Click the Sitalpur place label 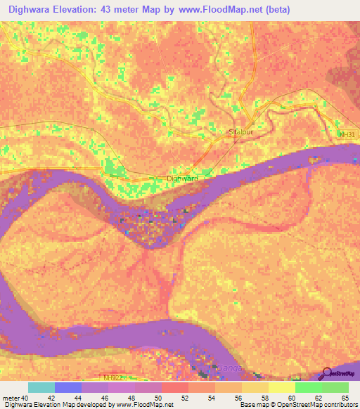(x=240, y=131)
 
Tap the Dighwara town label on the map (x=182, y=178)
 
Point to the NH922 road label (x=112, y=377)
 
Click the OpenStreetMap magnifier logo (x=327, y=373)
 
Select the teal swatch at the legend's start (x=41, y=387)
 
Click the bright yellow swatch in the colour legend (x=282, y=387)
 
